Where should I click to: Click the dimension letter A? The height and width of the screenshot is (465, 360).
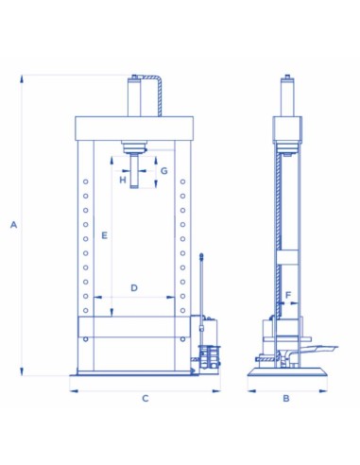(12, 224)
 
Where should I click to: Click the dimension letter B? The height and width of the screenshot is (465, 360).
(286, 398)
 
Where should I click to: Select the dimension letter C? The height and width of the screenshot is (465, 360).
(145, 398)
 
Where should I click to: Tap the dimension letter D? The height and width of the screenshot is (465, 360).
(134, 286)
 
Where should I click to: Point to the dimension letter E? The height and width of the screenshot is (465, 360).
(104, 233)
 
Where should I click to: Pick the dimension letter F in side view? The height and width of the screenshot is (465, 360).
(288, 294)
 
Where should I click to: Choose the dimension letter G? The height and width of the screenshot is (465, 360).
(163, 171)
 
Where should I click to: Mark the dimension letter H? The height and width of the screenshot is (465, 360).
(122, 178)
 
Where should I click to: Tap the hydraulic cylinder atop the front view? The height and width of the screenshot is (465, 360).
(138, 96)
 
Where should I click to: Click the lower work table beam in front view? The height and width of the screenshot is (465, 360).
(135, 328)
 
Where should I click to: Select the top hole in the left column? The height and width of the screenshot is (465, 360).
(85, 181)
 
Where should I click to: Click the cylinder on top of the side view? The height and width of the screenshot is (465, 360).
(286, 96)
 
